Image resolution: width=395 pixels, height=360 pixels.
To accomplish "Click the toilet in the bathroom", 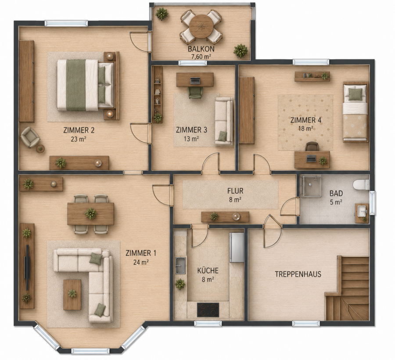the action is tap(361, 185).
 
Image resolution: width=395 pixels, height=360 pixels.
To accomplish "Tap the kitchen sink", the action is tap(180, 266).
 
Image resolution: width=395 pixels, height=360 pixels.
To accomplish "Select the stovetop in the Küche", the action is tap(208, 310).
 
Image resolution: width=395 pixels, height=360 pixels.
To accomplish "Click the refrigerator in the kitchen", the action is tap(236, 247).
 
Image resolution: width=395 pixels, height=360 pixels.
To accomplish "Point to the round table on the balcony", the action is tap(201, 26).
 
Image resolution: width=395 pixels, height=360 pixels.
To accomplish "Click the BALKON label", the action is tap(201, 49).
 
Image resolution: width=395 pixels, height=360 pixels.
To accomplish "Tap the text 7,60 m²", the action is tap(201, 57).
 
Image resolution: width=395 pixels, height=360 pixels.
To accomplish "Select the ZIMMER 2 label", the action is tap(79, 130).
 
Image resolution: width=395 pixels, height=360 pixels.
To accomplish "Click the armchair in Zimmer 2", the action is tap(30, 137).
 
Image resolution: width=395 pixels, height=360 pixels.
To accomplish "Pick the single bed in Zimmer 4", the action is tap(355, 112).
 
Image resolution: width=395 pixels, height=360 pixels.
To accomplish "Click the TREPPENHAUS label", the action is tap(298, 274).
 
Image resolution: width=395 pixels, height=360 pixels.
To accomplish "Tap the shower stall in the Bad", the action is tap(312, 186).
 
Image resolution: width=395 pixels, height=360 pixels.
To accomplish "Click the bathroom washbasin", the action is tap(362, 211).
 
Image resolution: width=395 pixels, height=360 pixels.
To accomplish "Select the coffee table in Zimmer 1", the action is tap(72, 295).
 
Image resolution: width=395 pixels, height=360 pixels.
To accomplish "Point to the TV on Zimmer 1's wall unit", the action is tap(27, 267).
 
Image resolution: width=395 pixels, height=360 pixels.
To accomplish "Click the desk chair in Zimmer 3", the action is tap(195, 92).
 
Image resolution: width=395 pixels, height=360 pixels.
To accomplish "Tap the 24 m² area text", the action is tap(141, 262).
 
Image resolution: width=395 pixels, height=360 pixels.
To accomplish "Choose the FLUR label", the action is tap(235, 191).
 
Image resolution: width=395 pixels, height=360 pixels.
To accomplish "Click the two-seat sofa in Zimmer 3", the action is tap(224, 121).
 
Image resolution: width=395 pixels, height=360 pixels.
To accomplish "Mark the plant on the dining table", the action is tap(91, 213).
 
